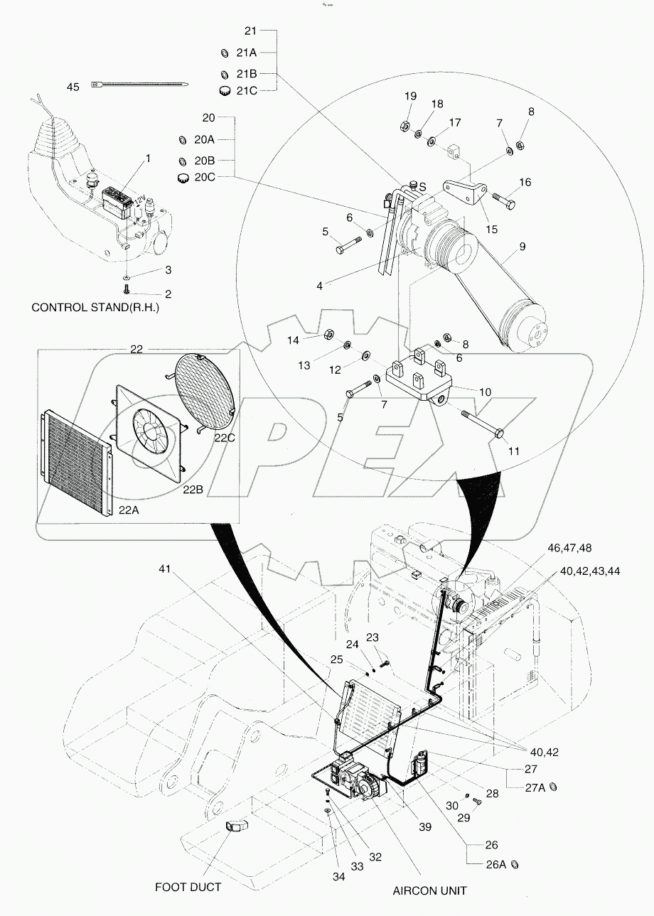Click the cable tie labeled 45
coord(140,86)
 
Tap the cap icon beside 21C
coord(226,90)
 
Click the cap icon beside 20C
coord(184,176)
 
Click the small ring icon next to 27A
coord(553,787)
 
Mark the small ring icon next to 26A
coord(515,864)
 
